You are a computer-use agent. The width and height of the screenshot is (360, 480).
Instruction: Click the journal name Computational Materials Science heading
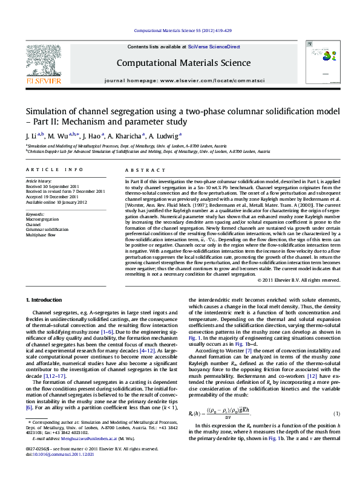[180, 62]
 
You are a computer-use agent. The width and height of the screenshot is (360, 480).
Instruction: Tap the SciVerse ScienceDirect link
[214, 47]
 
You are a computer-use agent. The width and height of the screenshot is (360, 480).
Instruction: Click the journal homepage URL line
[180, 80]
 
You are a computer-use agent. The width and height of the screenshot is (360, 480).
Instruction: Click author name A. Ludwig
[165, 136]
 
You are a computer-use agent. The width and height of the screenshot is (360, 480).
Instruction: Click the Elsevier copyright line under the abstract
[299, 280]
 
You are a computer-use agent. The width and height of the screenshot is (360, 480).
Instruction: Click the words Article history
[39, 182]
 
